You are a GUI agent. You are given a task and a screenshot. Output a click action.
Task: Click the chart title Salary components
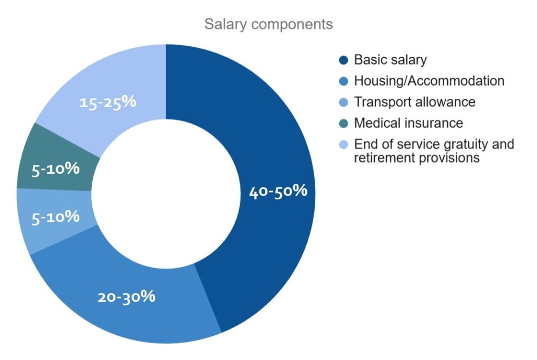tap(268, 24)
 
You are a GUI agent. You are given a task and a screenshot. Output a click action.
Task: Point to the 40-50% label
tap(278, 192)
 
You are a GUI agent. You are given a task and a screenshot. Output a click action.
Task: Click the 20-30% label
tap(126, 297)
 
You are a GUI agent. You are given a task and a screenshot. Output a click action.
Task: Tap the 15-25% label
tap(108, 102)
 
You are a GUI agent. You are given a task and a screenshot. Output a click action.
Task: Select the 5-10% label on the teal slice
tap(56, 169)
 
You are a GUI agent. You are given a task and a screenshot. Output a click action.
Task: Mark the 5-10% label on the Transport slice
tap(56, 217)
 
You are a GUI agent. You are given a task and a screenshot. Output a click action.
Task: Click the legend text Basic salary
tap(390, 60)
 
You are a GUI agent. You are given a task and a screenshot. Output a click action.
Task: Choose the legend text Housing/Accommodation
tap(429, 81)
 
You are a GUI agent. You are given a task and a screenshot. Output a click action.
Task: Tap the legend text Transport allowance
tap(414, 102)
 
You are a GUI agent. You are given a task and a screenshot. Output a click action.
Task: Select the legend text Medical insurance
tap(409, 123)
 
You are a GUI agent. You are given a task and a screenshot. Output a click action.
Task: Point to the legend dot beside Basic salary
tap(343, 60)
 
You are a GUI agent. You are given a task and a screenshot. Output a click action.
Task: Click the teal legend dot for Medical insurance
tap(343, 123)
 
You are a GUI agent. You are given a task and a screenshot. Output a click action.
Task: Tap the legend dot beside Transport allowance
tap(343, 102)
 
